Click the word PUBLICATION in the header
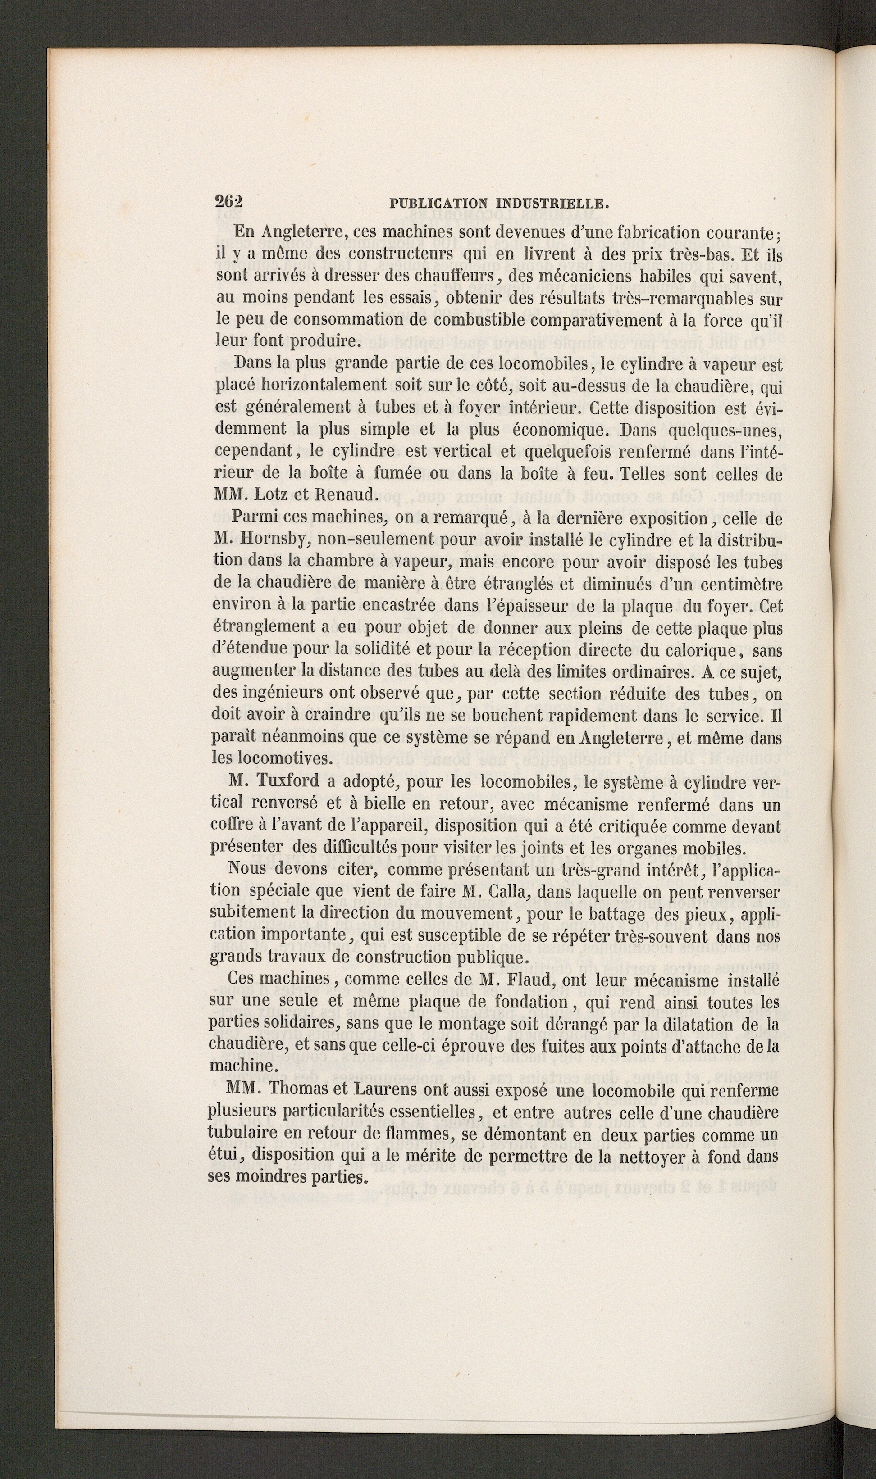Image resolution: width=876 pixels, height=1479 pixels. [438, 204]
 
